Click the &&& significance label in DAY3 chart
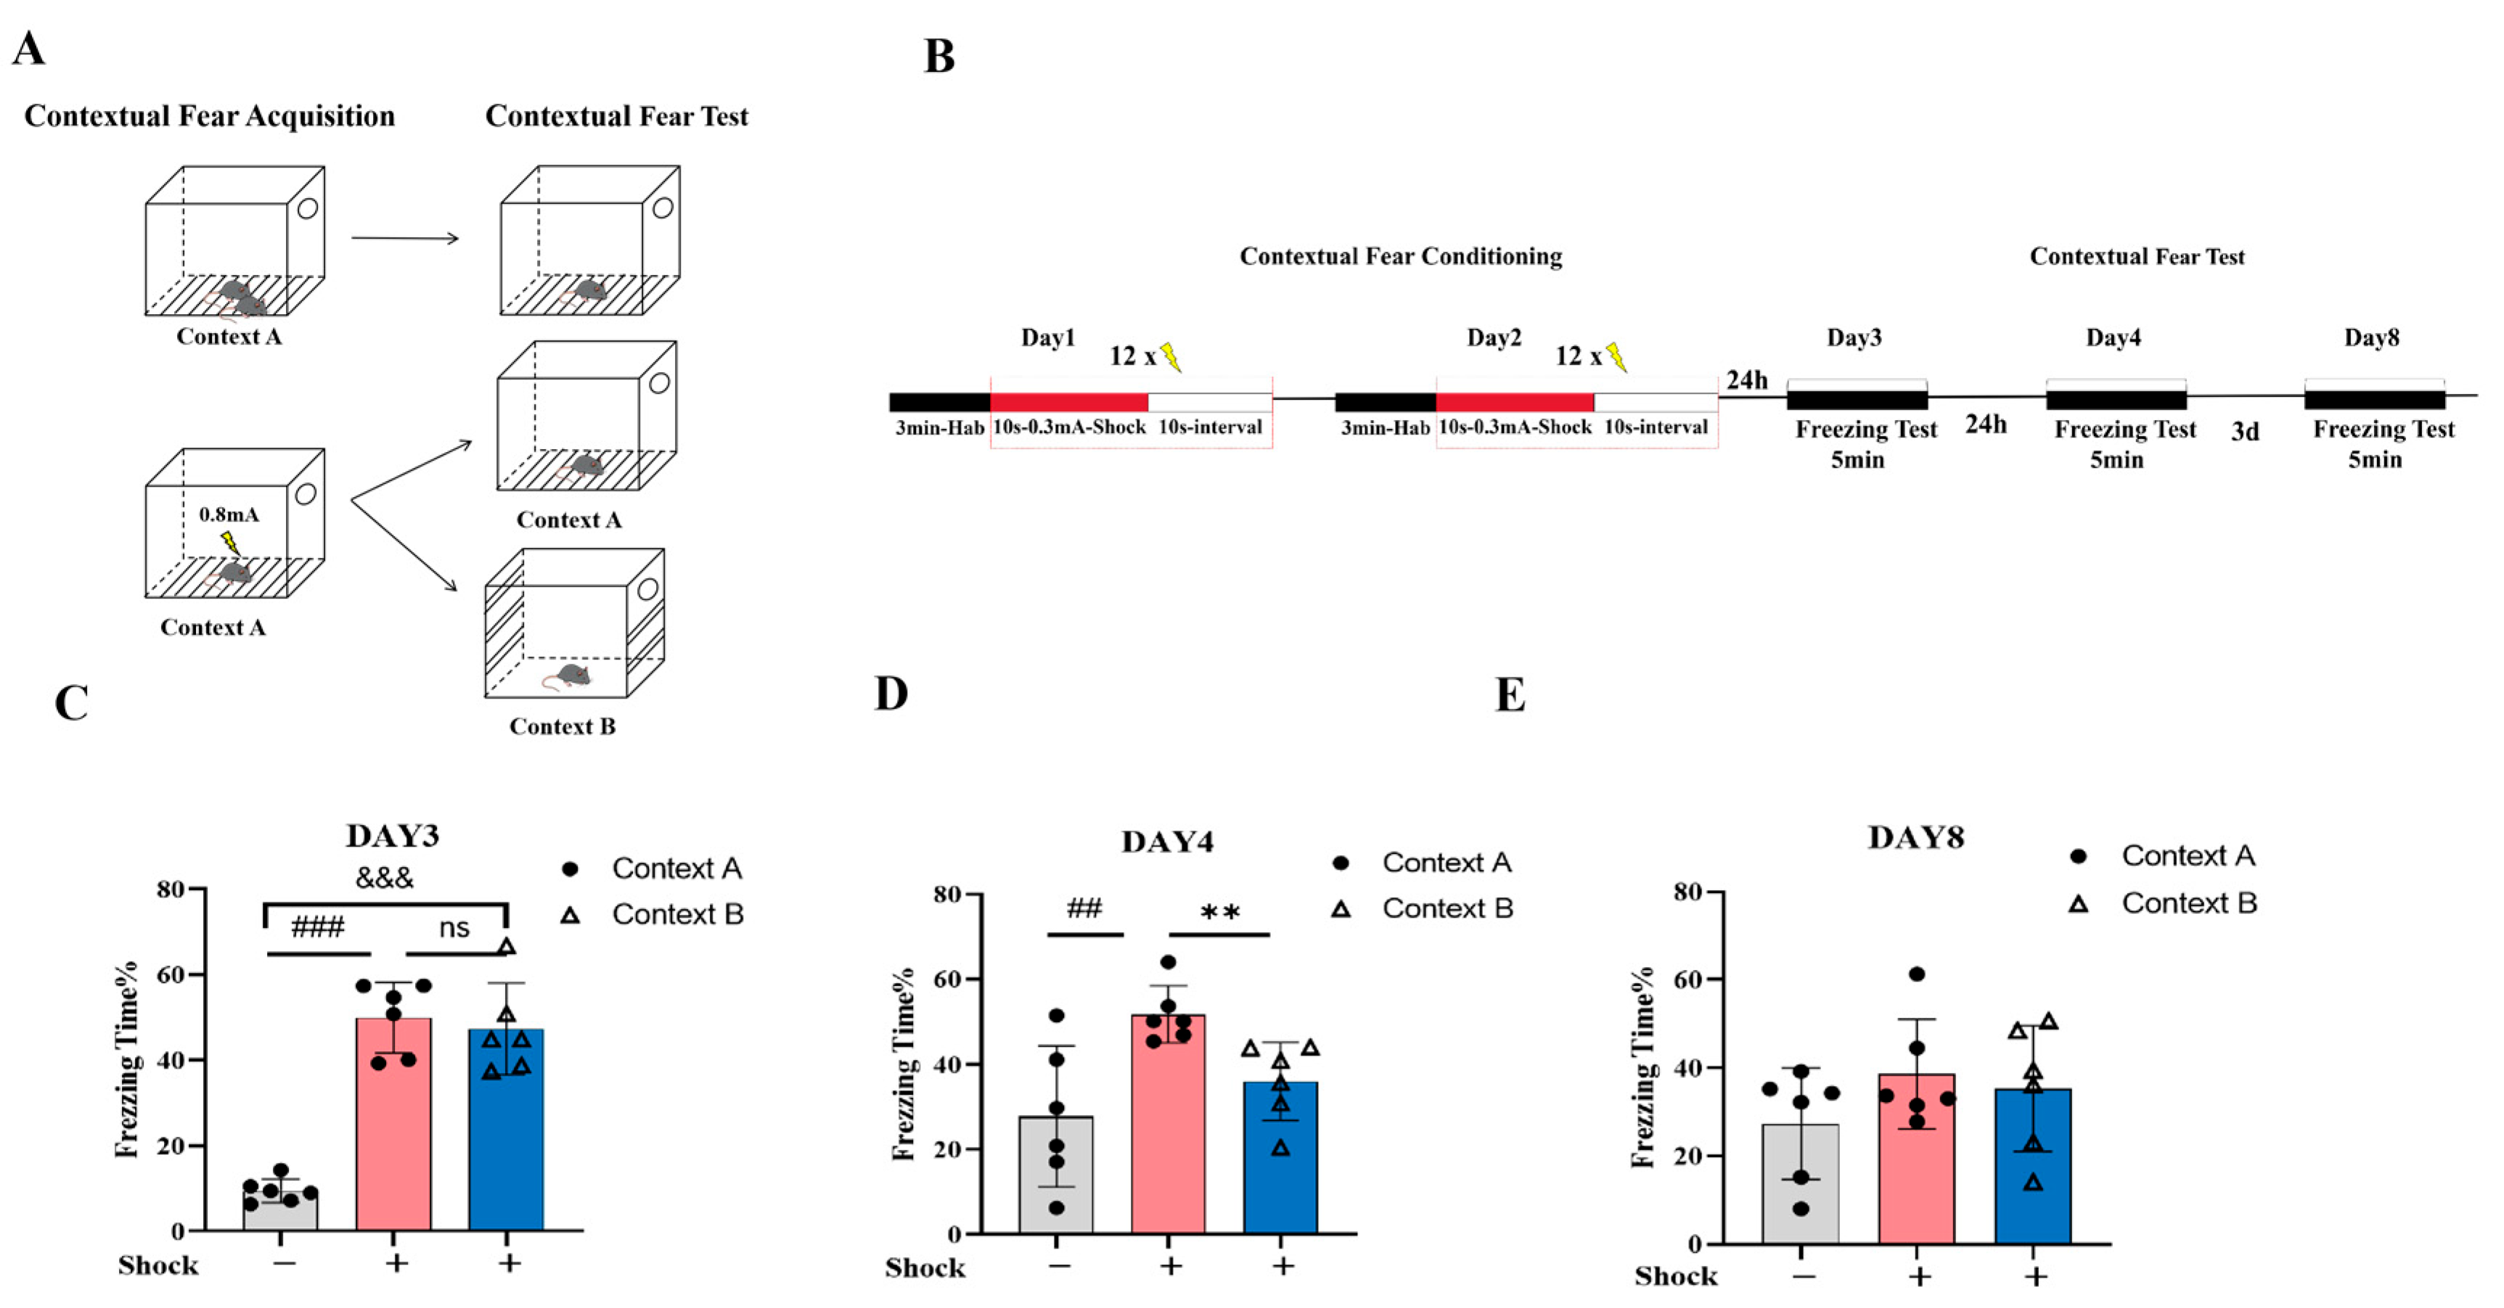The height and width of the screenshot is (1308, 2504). click(384, 878)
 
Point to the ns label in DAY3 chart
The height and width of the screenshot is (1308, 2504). click(454, 928)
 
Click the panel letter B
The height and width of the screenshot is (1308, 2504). click(939, 57)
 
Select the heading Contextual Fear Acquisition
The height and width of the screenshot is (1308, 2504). click(210, 117)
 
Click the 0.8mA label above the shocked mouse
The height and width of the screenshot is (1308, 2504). click(229, 514)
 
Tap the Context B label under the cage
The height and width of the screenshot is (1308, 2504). click(562, 727)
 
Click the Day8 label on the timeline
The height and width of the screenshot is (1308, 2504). click(2371, 338)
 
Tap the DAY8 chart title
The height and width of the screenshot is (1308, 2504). click(1915, 838)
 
